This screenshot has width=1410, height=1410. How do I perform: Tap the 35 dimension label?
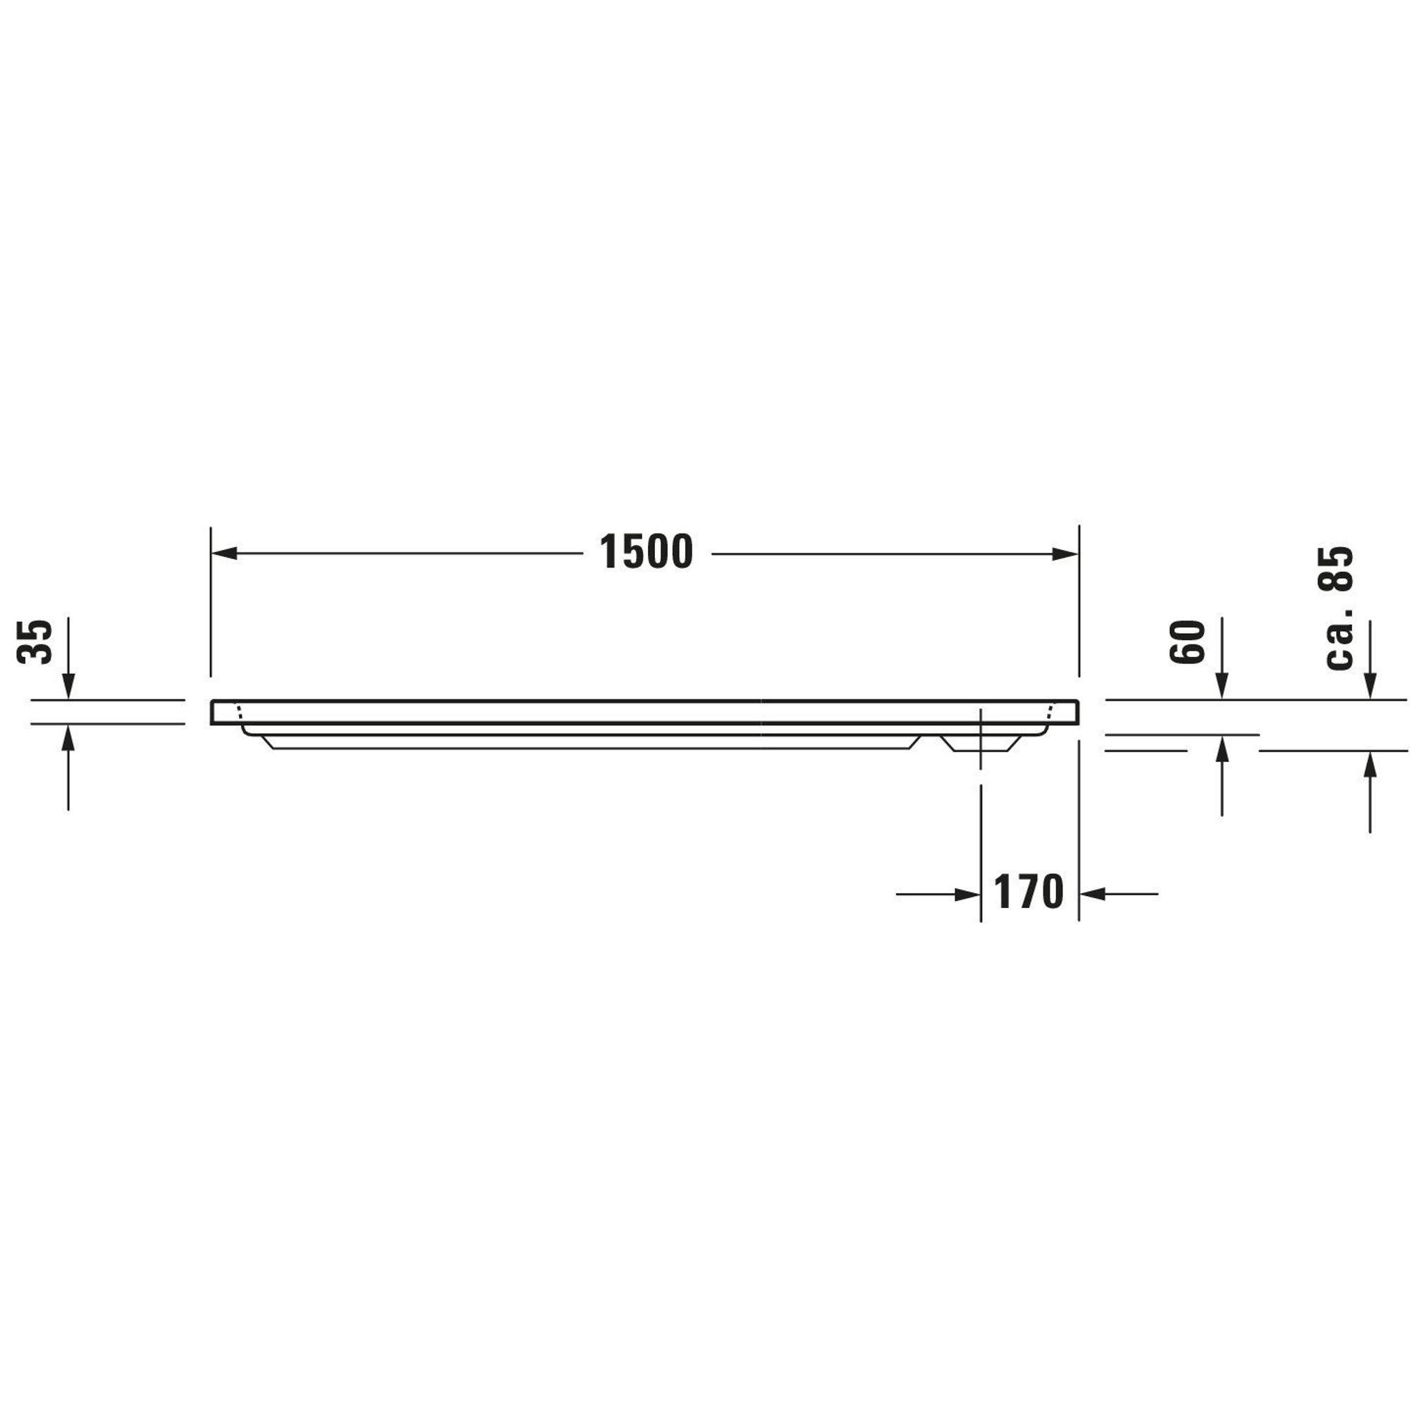(x=35, y=642)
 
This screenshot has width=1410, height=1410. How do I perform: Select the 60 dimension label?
(x=1187, y=642)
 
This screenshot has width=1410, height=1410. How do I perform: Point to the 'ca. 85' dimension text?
(x=1339, y=607)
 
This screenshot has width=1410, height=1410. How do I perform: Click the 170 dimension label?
(x=1029, y=892)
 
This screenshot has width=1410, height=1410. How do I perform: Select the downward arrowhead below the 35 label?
(x=68, y=687)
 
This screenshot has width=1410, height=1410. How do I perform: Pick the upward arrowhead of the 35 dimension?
(x=68, y=738)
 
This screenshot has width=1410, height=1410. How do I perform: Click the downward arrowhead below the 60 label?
(x=1222, y=687)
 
